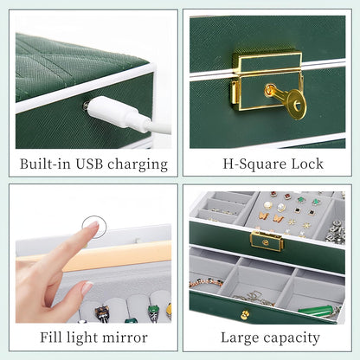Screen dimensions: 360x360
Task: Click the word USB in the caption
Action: pyautogui.click(x=89, y=164)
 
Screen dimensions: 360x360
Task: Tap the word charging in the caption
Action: pyautogui.click(x=138, y=165)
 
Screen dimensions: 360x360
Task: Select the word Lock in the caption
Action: pyautogui.click(x=307, y=164)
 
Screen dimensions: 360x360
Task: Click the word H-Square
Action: pyautogui.click(x=254, y=164)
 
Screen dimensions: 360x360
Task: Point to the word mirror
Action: pyautogui.click(x=125, y=337)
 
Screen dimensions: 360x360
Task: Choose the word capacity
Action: pyautogui.click(x=292, y=338)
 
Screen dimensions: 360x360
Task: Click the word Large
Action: pyautogui.click(x=240, y=338)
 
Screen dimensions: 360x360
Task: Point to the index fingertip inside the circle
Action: pyautogui.click(x=93, y=227)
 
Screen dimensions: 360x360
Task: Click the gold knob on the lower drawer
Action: pyautogui.click(x=245, y=315)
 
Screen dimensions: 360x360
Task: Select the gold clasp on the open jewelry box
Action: pyautogui.click(x=267, y=241)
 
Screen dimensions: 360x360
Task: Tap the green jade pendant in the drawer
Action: pyautogui.click(x=316, y=312)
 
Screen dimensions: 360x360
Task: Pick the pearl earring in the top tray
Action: pyautogui.click(x=267, y=206)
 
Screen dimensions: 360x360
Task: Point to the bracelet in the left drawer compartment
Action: pyautogui.click(x=206, y=282)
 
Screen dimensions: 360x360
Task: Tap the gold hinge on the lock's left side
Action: pyautogui.click(x=234, y=93)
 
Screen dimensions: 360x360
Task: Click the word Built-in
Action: pyautogui.click(x=45, y=164)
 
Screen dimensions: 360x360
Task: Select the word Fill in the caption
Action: pyautogui.click(x=51, y=337)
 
